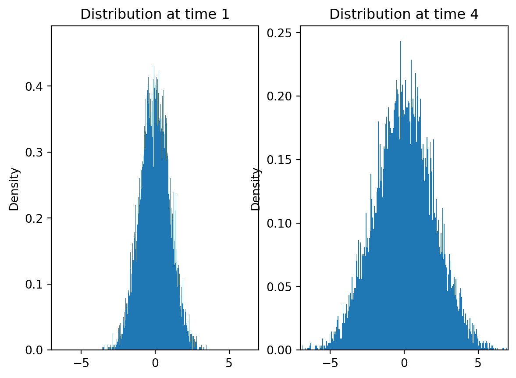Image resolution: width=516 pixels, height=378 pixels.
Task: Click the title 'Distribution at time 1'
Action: [155, 14]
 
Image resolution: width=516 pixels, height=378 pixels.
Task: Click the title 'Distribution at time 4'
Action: [404, 14]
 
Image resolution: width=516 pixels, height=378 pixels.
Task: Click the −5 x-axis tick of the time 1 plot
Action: [81, 364]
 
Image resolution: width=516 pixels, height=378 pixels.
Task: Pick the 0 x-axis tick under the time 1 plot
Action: [155, 364]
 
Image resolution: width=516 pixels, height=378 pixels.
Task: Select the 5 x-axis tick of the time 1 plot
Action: [229, 364]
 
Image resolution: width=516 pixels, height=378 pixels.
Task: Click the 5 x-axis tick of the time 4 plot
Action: [478, 364]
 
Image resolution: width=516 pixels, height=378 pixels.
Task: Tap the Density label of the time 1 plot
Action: [14, 189]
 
